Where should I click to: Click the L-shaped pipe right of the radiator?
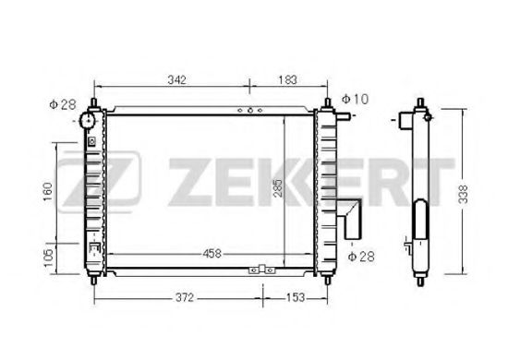(x=352, y=219)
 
